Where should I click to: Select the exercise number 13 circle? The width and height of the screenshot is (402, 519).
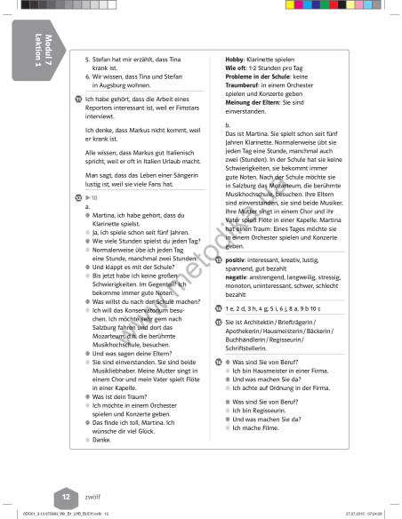click(x=218, y=260)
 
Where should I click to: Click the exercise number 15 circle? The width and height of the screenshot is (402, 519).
click(x=218, y=322)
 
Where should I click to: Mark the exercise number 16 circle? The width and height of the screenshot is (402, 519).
click(x=218, y=363)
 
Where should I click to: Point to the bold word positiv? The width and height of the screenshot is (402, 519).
click(x=237, y=260)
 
